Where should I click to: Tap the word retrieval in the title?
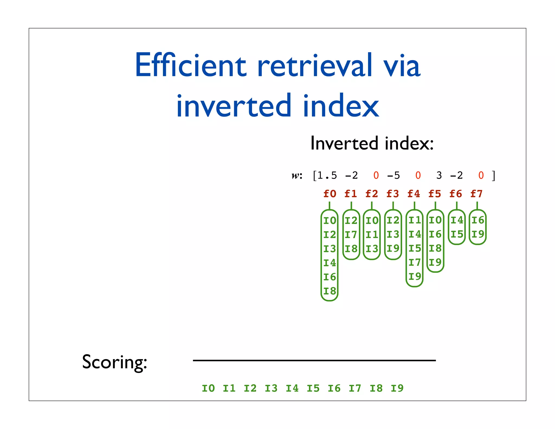tap(314, 65)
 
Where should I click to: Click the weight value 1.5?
tap(327, 175)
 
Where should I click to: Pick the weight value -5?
tap(393, 175)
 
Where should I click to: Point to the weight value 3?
tap(439, 175)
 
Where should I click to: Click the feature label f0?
tap(330, 194)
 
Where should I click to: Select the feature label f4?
tap(414, 194)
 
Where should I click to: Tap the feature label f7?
tap(477, 194)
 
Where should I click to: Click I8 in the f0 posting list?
tap(330, 291)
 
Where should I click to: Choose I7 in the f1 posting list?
tap(351, 235)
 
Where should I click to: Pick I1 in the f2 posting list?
tap(372, 235)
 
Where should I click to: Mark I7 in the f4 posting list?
tap(415, 262)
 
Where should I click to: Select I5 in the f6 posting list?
tap(457, 234)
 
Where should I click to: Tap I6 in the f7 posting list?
tap(477, 220)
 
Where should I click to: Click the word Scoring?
tap(114, 362)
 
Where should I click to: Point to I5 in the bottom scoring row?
tap(313, 388)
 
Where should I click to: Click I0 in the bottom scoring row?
tap(208, 388)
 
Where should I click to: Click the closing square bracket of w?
tap(494, 175)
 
